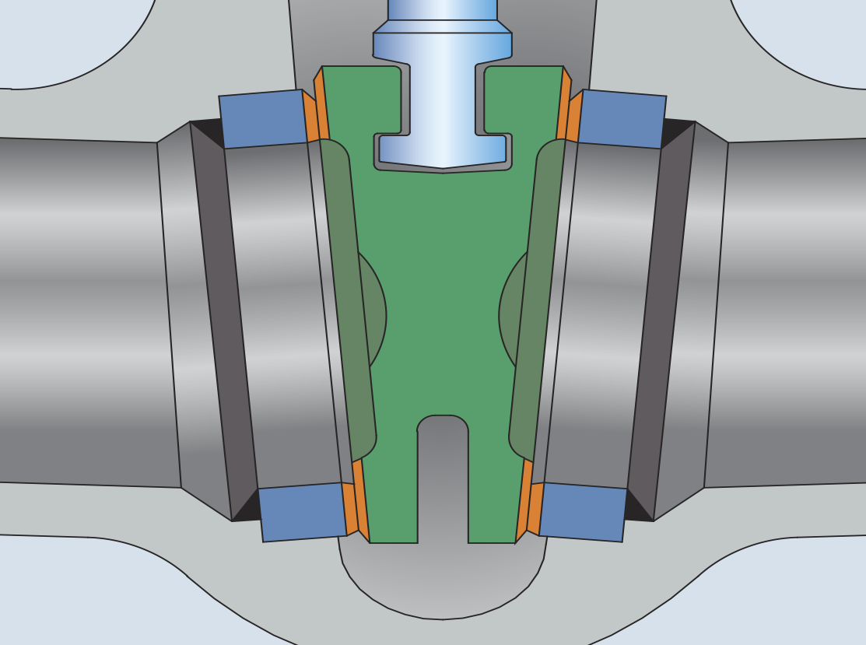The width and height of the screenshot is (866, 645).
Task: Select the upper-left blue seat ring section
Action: (263, 118)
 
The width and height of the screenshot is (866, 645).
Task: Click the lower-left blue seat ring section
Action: (302, 511)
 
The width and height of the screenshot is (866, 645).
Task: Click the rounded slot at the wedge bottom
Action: (443, 482)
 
